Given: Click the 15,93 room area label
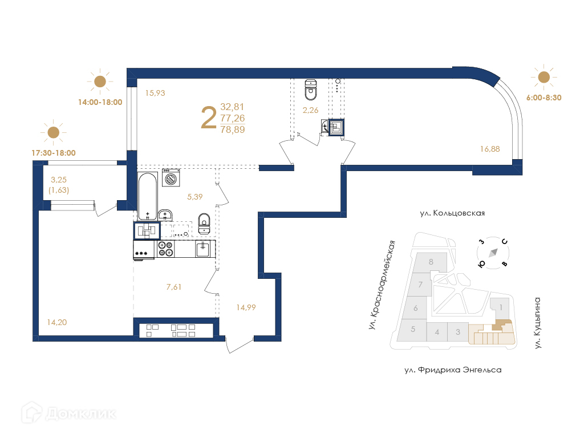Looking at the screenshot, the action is click(x=155, y=93).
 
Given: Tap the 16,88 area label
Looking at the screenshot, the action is click(x=490, y=149).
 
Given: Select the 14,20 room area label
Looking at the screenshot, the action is click(x=57, y=322).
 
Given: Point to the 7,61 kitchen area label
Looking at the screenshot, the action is click(x=174, y=287).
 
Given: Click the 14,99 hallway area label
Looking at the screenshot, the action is click(x=246, y=307).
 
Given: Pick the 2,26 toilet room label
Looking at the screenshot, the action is click(x=311, y=110).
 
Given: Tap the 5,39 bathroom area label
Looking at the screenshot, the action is click(x=195, y=197).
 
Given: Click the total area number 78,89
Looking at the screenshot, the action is click(x=233, y=129).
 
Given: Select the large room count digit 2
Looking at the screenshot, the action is click(x=209, y=117).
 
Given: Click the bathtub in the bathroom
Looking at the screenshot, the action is click(x=148, y=196).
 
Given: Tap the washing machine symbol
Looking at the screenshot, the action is click(x=171, y=178).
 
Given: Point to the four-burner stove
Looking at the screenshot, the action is click(x=165, y=249).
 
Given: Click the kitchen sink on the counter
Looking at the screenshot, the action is click(x=202, y=249).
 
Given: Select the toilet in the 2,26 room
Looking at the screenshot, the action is click(x=311, y=90).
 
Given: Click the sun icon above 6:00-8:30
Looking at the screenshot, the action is click(x=544, y=77).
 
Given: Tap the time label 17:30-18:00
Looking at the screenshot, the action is click(x=54, y=153).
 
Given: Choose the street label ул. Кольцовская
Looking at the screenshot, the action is click(x=452, y=213).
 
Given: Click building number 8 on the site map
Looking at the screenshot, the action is click(x=431, y=262).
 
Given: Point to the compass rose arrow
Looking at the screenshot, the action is click(x=493, y=253).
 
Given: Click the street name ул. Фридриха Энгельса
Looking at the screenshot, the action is click(x=453, y=370).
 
